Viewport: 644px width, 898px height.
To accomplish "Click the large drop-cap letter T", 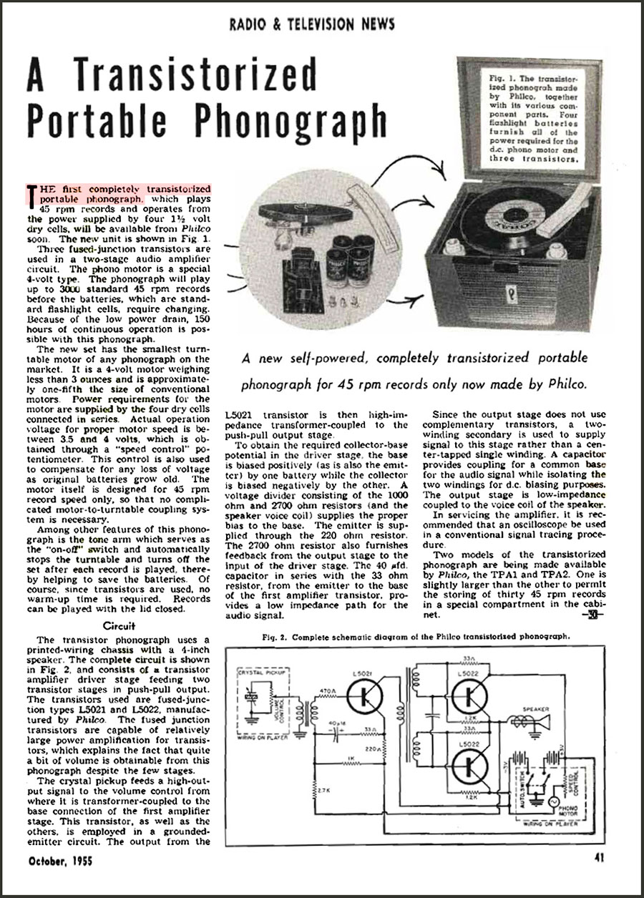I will (x=31, y=192).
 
